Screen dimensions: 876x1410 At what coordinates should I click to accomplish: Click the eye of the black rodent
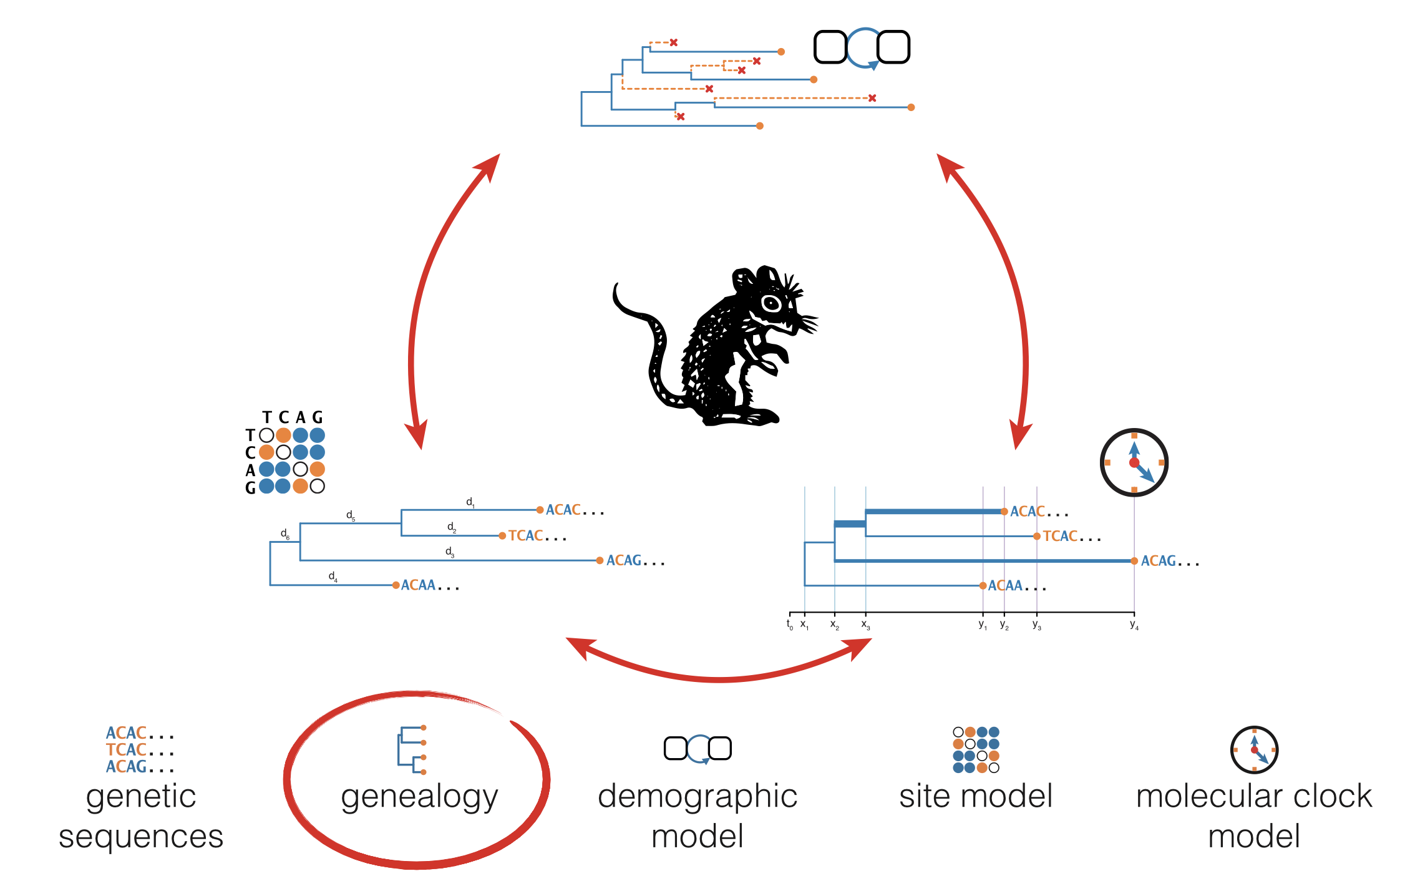point(772,304)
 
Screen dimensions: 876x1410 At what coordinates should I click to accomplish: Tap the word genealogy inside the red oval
point(419,797)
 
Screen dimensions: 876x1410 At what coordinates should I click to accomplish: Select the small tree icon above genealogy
point(412,750)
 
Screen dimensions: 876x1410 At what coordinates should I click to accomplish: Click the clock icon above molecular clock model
point(1254,749)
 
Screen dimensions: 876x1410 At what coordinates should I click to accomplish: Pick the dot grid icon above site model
point(976,750)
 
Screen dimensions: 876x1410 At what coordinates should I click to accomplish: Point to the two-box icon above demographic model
point(698,749)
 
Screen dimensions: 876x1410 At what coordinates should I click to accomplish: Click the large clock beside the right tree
point(1134,462)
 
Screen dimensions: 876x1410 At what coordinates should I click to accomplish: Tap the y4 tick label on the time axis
point(1134,625)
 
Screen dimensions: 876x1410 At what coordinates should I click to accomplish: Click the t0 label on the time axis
point(789,625)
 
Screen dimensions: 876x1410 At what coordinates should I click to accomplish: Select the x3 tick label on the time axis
point(865,625)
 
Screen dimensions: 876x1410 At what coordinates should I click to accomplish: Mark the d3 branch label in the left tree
point(449,552)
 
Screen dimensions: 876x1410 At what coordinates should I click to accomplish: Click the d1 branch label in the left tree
point(470,502)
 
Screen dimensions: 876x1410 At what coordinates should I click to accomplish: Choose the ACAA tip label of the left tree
point(418,585)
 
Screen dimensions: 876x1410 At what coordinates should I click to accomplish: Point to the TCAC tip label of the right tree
point(1060,536)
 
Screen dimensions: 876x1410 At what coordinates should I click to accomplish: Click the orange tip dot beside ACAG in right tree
point(1134,561)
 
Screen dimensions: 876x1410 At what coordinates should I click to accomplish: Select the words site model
point(976,797)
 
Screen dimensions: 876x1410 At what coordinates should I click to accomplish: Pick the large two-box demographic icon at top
point(862,47)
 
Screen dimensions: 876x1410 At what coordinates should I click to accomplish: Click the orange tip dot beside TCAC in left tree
point(502,535)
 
